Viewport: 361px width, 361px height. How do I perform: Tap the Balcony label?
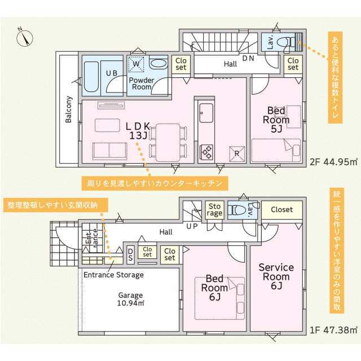68,109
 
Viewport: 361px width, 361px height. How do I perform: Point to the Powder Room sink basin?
159,64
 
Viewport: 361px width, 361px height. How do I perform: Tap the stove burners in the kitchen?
206,151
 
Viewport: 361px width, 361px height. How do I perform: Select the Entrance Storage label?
113,275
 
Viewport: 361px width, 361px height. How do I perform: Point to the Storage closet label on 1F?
214,210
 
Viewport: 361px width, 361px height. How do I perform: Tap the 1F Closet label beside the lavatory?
281,210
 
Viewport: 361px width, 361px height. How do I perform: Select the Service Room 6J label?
276,276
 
